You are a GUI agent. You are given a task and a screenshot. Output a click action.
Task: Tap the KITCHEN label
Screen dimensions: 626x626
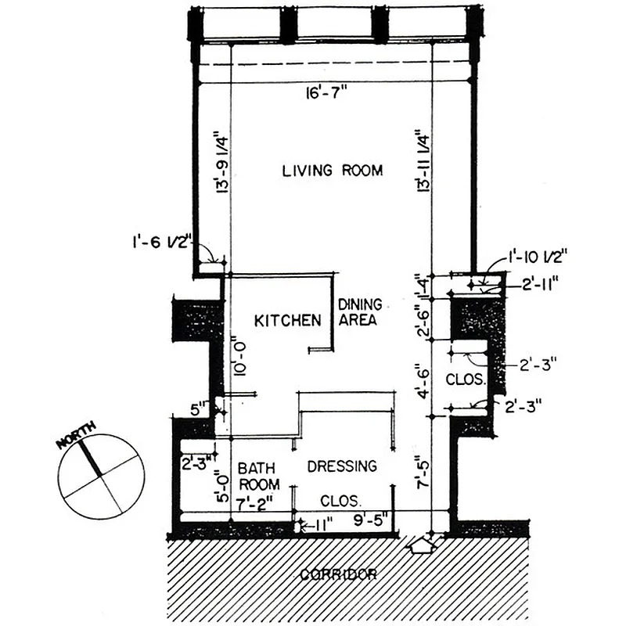tap(288, 320)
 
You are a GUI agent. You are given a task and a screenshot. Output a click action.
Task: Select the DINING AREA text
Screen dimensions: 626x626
tap(359, 312)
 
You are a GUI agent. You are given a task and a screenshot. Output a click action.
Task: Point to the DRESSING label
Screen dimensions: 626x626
tap(342, 466)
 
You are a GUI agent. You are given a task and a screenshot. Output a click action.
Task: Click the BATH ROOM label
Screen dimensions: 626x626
tap(258, 477)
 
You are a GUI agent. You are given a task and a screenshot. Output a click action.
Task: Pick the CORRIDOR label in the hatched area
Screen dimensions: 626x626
tap(338, 574)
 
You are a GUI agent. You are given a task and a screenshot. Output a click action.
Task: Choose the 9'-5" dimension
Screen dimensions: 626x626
tap(370, 516)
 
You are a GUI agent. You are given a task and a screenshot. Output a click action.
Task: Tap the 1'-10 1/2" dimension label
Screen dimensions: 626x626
tap(537, 255)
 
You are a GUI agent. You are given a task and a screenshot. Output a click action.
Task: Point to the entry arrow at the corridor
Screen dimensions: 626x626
tap(423, 544)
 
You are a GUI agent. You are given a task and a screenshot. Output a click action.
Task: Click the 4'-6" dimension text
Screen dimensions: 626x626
tap(423, 380)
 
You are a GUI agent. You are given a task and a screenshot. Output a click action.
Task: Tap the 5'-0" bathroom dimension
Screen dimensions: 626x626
tap(225, 487)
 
